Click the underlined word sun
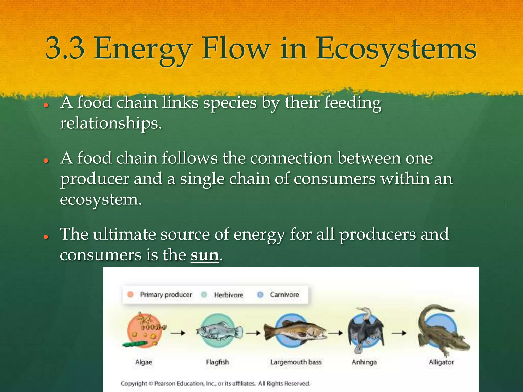click(205, 255)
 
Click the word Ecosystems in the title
click(396, 48)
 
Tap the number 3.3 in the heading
click(65, 48)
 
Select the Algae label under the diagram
click(144, 362)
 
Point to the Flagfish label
click(217, 362)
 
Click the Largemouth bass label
click(296, 362)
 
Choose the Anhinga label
click(364, 362)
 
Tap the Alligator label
click(441, 362)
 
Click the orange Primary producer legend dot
click(130, 295)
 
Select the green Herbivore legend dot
click(204, 295)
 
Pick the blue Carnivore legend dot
click(260, 295)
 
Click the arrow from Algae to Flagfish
click(178, 333)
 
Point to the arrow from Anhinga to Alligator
click(399, 333)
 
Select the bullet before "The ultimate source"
click(46, 237)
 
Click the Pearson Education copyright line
click(215, 383)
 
